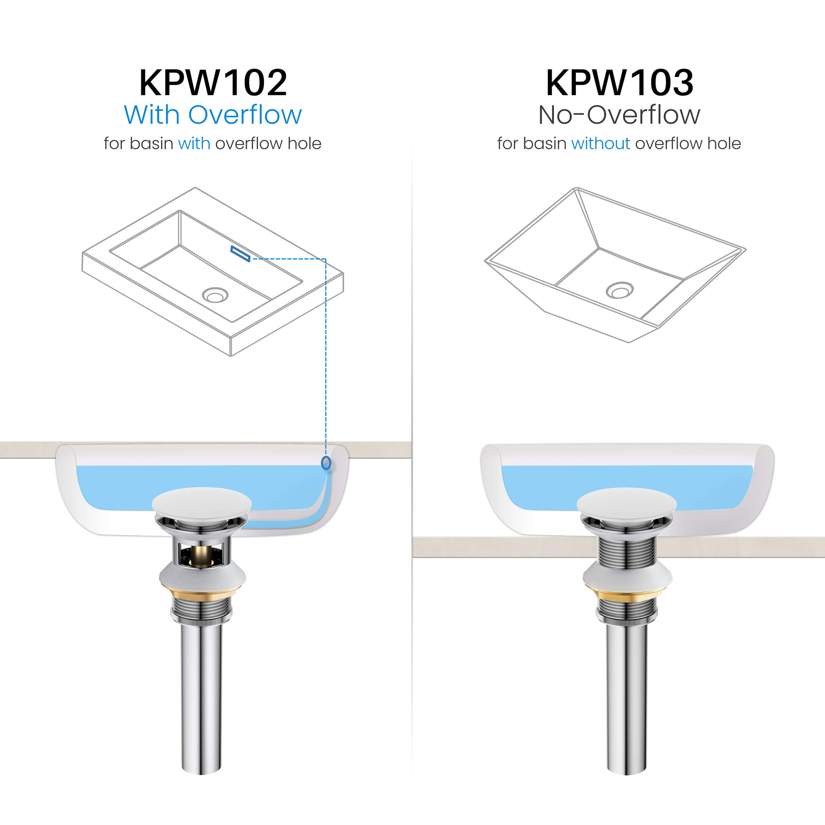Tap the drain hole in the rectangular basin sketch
[215, 295]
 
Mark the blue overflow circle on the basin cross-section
[326, 463]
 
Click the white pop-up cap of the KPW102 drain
[202, 504]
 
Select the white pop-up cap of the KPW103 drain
[626, 504]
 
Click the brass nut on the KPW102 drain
[201, 594]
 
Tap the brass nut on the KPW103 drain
[626, 594]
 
